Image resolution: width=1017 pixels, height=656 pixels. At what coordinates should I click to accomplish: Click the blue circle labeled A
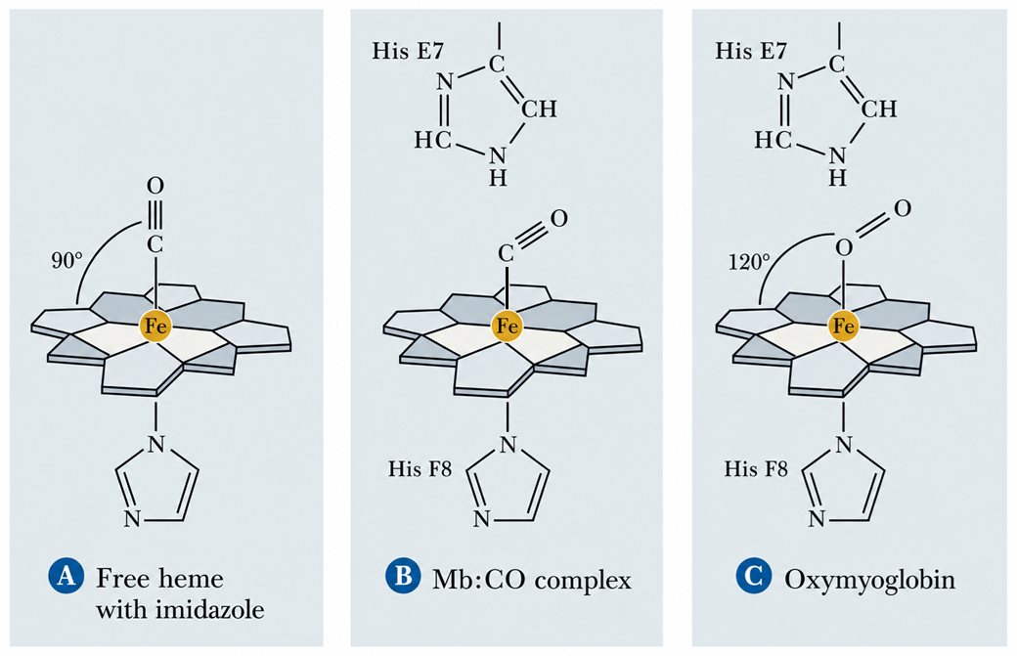(66, 575)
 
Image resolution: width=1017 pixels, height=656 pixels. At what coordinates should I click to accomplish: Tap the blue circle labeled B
(403, 575)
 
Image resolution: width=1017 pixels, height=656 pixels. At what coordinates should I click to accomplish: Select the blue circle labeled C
(754, 575)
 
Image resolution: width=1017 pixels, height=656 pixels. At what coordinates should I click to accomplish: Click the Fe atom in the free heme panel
(155, 326)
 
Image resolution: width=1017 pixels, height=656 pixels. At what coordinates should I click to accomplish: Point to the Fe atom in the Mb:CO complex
(508, 326)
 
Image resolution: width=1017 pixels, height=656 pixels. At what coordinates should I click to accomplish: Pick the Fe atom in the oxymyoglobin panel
(843, 326)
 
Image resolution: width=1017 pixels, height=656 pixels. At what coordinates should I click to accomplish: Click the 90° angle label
(67, 261)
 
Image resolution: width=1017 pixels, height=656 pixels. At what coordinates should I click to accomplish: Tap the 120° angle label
(749, 262)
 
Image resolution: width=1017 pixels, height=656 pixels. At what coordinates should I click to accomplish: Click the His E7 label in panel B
(408, 51)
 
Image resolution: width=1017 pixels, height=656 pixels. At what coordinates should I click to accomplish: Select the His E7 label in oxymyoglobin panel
(751, 51)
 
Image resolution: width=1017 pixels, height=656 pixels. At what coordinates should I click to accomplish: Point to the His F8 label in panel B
(420, 468)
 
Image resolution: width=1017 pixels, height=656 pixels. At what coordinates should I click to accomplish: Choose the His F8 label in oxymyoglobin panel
(756, 468)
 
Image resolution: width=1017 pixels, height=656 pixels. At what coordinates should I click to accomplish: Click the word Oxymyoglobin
(869, 580)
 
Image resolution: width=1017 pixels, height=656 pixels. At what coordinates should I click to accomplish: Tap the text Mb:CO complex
(532, 579)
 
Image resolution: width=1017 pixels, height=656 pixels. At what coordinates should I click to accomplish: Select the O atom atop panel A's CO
(155, 186)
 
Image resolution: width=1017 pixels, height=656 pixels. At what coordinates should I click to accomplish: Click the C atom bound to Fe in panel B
(506, 253)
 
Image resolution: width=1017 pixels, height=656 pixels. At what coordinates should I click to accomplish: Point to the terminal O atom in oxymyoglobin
(903, 208)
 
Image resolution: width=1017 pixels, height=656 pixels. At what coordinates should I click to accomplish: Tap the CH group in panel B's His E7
(540, 109)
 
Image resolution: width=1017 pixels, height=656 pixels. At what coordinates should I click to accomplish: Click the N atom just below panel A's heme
(155, 444)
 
